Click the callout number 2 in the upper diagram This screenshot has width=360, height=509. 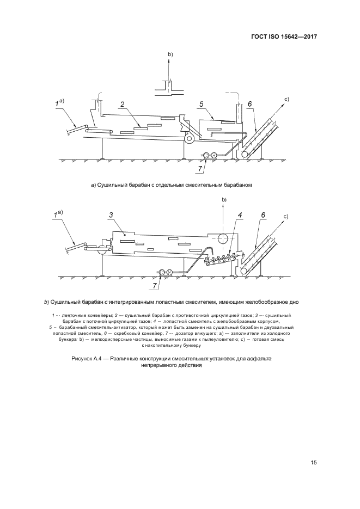(123, 104)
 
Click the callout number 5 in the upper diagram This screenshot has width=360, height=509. (201, 103)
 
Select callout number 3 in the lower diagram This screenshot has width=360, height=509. (111, 216)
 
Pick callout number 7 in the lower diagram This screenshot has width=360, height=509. (155, 285)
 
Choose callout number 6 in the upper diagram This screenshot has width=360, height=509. (249, 103)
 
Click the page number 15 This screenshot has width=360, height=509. (313, 463)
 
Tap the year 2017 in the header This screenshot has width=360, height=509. (306, 38)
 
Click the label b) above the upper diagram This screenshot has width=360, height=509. (170, 54)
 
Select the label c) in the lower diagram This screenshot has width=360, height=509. (285, 217)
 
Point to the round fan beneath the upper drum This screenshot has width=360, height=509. (190, 139)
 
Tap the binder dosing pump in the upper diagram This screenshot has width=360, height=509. (209, 156)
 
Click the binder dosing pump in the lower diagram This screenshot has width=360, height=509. (164, 272)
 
